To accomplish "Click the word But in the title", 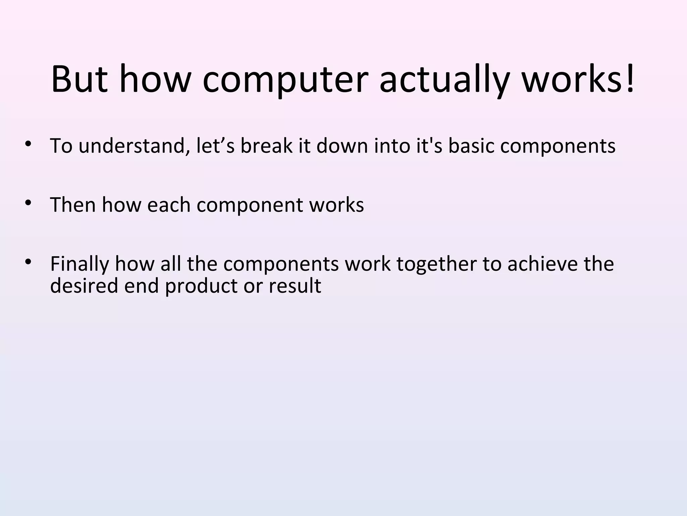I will click(x=80, y=80).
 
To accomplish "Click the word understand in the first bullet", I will click(x=134, y=146).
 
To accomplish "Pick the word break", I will click(x=266, y=146).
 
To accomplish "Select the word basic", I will click(x=471, y=146).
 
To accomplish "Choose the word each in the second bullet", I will click(x=169, y=205).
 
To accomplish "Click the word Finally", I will click(x=80, y=264).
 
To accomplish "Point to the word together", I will click(x=436, y=264).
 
